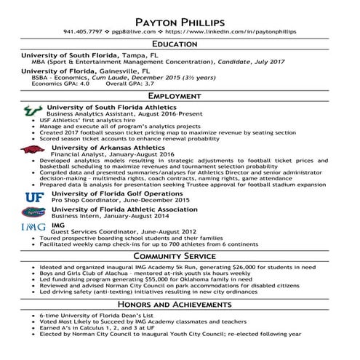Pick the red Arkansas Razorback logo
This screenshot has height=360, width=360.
click(x=31, y=151)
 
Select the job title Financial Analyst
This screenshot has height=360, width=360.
click(x=77, y=154)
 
